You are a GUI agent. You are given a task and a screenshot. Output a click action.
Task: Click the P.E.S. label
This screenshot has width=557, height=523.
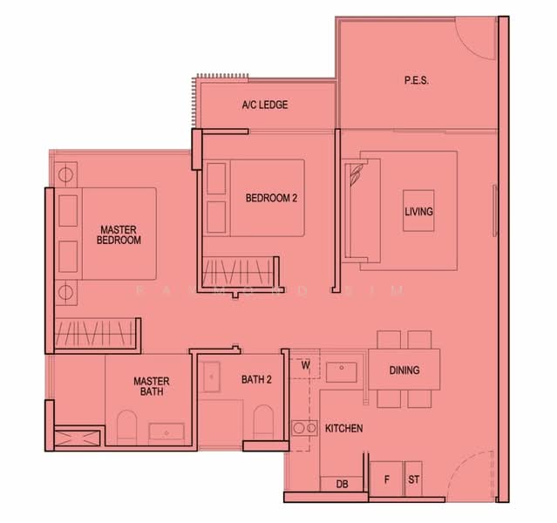[x=417, y=81]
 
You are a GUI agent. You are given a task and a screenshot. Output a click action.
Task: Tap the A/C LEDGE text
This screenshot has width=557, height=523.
[x=265, y=105]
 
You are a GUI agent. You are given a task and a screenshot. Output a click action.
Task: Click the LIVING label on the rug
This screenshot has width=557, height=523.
[x=418, y=212]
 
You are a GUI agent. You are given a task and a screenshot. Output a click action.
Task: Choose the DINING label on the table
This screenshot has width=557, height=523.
[x=404, y=370]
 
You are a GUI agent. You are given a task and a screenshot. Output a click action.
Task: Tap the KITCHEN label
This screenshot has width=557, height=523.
[x=343, y=429]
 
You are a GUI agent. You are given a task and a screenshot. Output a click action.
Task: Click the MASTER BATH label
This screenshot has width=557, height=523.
[x=151, y=387]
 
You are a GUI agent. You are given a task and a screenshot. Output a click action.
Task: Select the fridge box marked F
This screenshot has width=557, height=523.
[x=385, y=479]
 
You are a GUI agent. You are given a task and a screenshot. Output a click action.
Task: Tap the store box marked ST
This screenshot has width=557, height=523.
[x=413, y=479]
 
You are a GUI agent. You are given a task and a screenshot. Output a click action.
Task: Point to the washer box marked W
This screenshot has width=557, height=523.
[x=304, y=366]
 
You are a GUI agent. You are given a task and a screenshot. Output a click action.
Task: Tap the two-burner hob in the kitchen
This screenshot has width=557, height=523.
[x=304, y=428]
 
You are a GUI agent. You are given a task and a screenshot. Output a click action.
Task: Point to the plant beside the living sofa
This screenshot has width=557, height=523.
[x=356, y=173]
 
